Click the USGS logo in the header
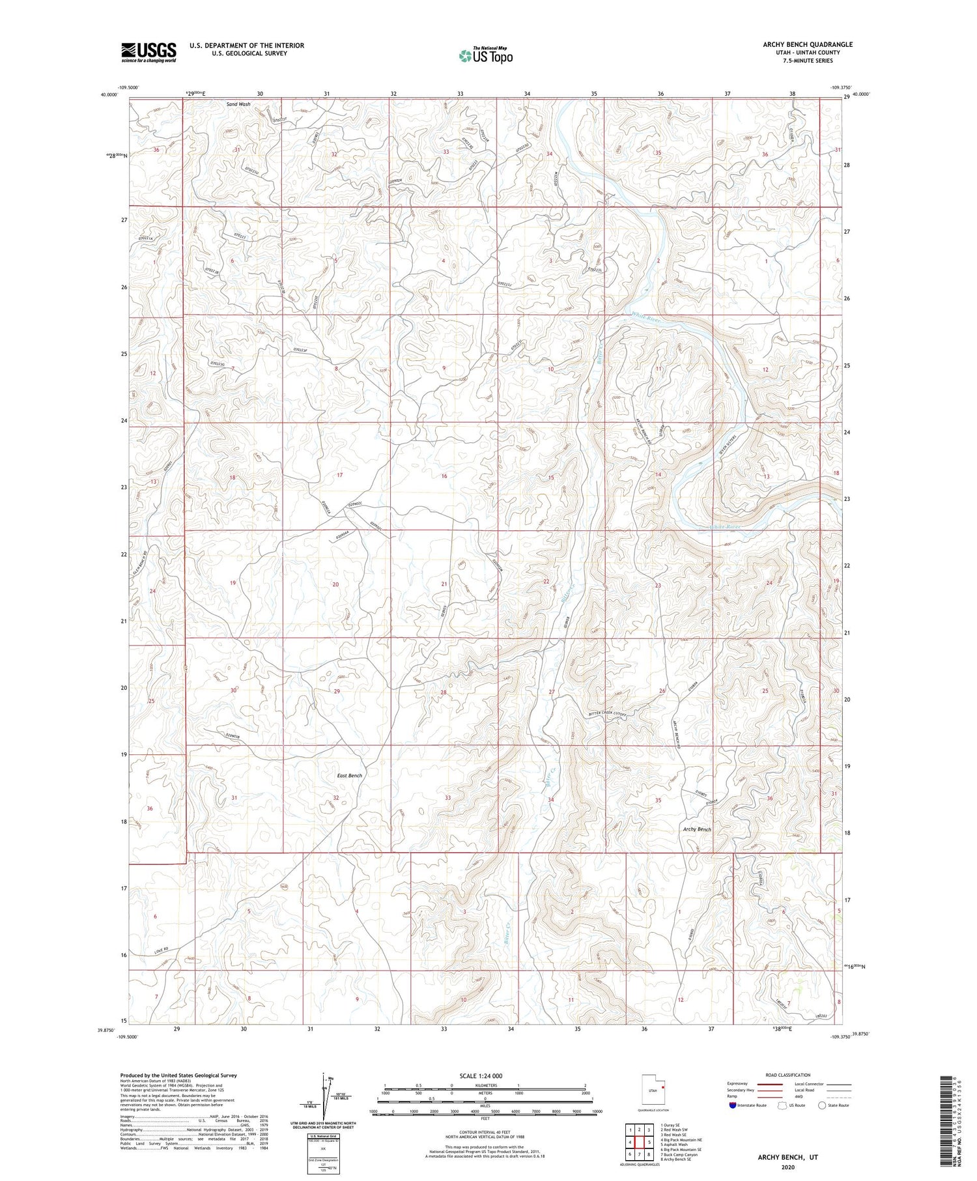click(x=148, y=52)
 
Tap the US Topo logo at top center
click(x=485, y=56)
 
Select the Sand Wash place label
click(x=238, y=104)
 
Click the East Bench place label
click(x=350, y=775)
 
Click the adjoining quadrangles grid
click(x=640, y=1141)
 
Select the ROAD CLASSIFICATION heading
click(x=788, y=1075)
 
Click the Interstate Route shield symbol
click(x=733, y=1105)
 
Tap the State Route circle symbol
click(x=823, y=1105)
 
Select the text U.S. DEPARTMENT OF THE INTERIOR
click(x=247, y=46)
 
